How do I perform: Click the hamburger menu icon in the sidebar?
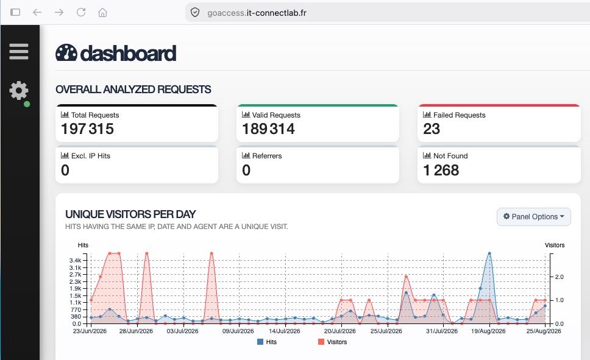[x=19, y=52]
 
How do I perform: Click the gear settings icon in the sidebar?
[x=19, y=91]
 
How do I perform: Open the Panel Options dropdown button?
[x=533, y=217]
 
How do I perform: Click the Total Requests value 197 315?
[x=87, y=129]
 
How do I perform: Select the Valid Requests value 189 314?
[x=268, y=129]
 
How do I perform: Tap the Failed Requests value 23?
[x=431, y=129]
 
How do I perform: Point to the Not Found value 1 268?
[x=441, y=171]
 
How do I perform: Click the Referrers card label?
[x=267, y=156]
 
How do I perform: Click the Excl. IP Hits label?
[x=91, y=156]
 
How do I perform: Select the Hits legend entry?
[x=267, y=342]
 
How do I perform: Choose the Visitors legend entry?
[x=333, y=342]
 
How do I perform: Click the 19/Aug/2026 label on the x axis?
[x=488, y=331]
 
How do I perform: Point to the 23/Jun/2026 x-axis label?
[x=90, y=331]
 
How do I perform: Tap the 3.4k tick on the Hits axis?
[x=75, y=260]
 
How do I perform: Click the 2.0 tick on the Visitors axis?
[x=560, y=277]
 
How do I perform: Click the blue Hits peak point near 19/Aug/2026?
[x=489, y=253]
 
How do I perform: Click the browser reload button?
[x=81, y=12]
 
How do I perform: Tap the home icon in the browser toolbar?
[x=103, y=12]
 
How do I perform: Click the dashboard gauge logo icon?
[x=66, y=52]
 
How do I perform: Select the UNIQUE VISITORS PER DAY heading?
[x=130, y=214]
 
